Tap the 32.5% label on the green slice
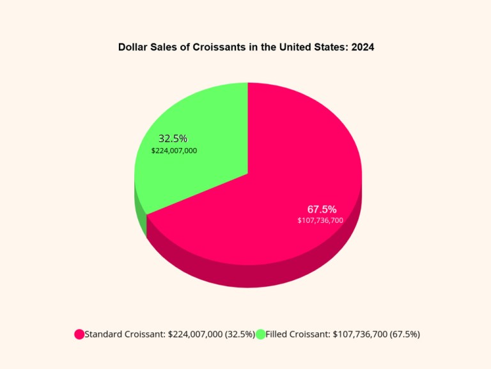click(173, 138)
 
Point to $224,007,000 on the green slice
click(174, 151)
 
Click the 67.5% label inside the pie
click(322, 209)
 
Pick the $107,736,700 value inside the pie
click(320, 220)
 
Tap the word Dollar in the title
click(132, 47)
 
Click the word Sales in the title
click(164, 47)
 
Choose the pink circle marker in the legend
click(79, 334)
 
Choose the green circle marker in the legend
click(261, 334)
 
